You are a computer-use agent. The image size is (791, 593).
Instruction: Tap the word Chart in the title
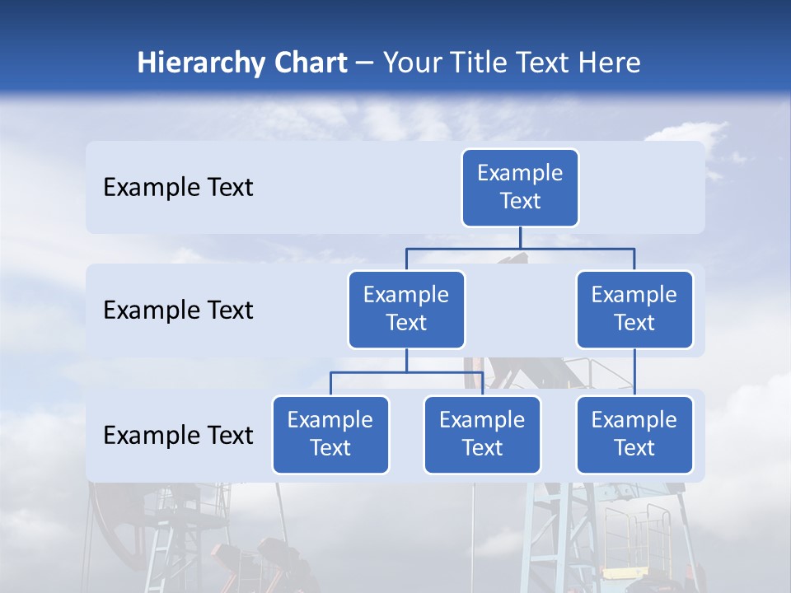[x=309, y=63]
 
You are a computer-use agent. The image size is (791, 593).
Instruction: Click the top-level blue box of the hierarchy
[x=520, y=188]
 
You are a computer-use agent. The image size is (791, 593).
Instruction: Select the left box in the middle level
[x=406, y=310]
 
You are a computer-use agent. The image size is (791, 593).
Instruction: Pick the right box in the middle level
[x=634, y=310]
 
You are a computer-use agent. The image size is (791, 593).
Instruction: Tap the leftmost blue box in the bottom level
[x=330, y=435]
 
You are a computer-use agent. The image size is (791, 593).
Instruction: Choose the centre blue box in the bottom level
[x=482, y=435]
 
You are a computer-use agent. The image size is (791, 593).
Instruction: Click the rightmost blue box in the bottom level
[x=634, y=435]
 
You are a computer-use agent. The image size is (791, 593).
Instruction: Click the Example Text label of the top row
[x=178, y=188]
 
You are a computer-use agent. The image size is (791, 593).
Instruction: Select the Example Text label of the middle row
[x=178, y=311]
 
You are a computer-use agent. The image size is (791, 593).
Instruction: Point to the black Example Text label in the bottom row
[x=178, y=436]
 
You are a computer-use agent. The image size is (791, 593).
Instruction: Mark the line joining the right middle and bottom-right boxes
[x=634, y=372]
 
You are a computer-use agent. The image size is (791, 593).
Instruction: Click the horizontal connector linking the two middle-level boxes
[x=520, y=247]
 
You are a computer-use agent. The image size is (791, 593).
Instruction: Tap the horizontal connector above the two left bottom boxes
[x=406, y=372]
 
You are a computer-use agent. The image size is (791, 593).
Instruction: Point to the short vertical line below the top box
[x=520, y=237]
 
